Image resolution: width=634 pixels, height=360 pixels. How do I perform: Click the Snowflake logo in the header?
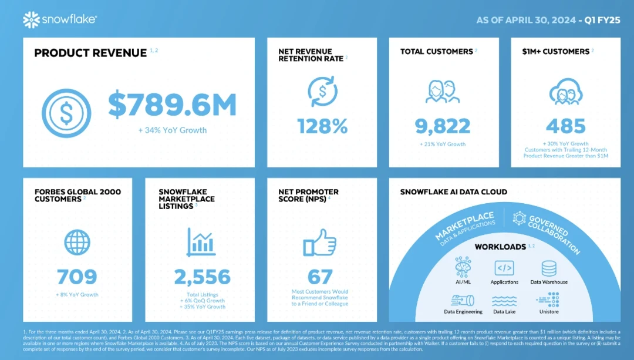click(x=60, y=20)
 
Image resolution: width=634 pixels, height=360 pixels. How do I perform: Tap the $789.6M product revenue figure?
click(x=172, y=105)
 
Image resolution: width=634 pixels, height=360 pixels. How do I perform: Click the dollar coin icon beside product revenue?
click(x=66, y=113)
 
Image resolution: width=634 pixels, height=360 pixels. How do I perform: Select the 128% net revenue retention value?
click(x=322, y=126)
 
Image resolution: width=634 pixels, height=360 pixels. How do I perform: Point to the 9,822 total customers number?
click(x=444, y=126)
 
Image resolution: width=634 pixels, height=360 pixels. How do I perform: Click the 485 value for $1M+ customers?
click(x=566, y=126)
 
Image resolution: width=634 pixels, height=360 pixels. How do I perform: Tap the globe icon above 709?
click(x=77, y=243)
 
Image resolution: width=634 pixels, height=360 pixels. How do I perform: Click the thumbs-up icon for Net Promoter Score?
click(x=320, y=242)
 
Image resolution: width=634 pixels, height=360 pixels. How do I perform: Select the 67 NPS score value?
click(x=320, y=277)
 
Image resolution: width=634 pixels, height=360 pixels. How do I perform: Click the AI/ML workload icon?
click(x=463, y=268)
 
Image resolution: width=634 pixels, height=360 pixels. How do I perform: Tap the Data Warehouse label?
click(x=549, y=282)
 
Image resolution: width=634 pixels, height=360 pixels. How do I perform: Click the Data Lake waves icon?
click(x=504, y=301)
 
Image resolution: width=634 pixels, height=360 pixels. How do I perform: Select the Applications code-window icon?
click(x=504, y=268)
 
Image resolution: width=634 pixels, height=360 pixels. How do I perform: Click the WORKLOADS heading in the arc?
click(x=500, y=247)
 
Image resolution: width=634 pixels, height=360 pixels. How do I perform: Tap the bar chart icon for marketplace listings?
click(x=200, y=242)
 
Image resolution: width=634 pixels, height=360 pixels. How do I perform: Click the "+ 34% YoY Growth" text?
click(x=172, y=130)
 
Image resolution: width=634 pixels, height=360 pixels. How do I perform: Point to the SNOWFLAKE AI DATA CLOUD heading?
click(x=453, y=192)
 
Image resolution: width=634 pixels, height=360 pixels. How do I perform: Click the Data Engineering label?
click(x=463, y=312)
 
